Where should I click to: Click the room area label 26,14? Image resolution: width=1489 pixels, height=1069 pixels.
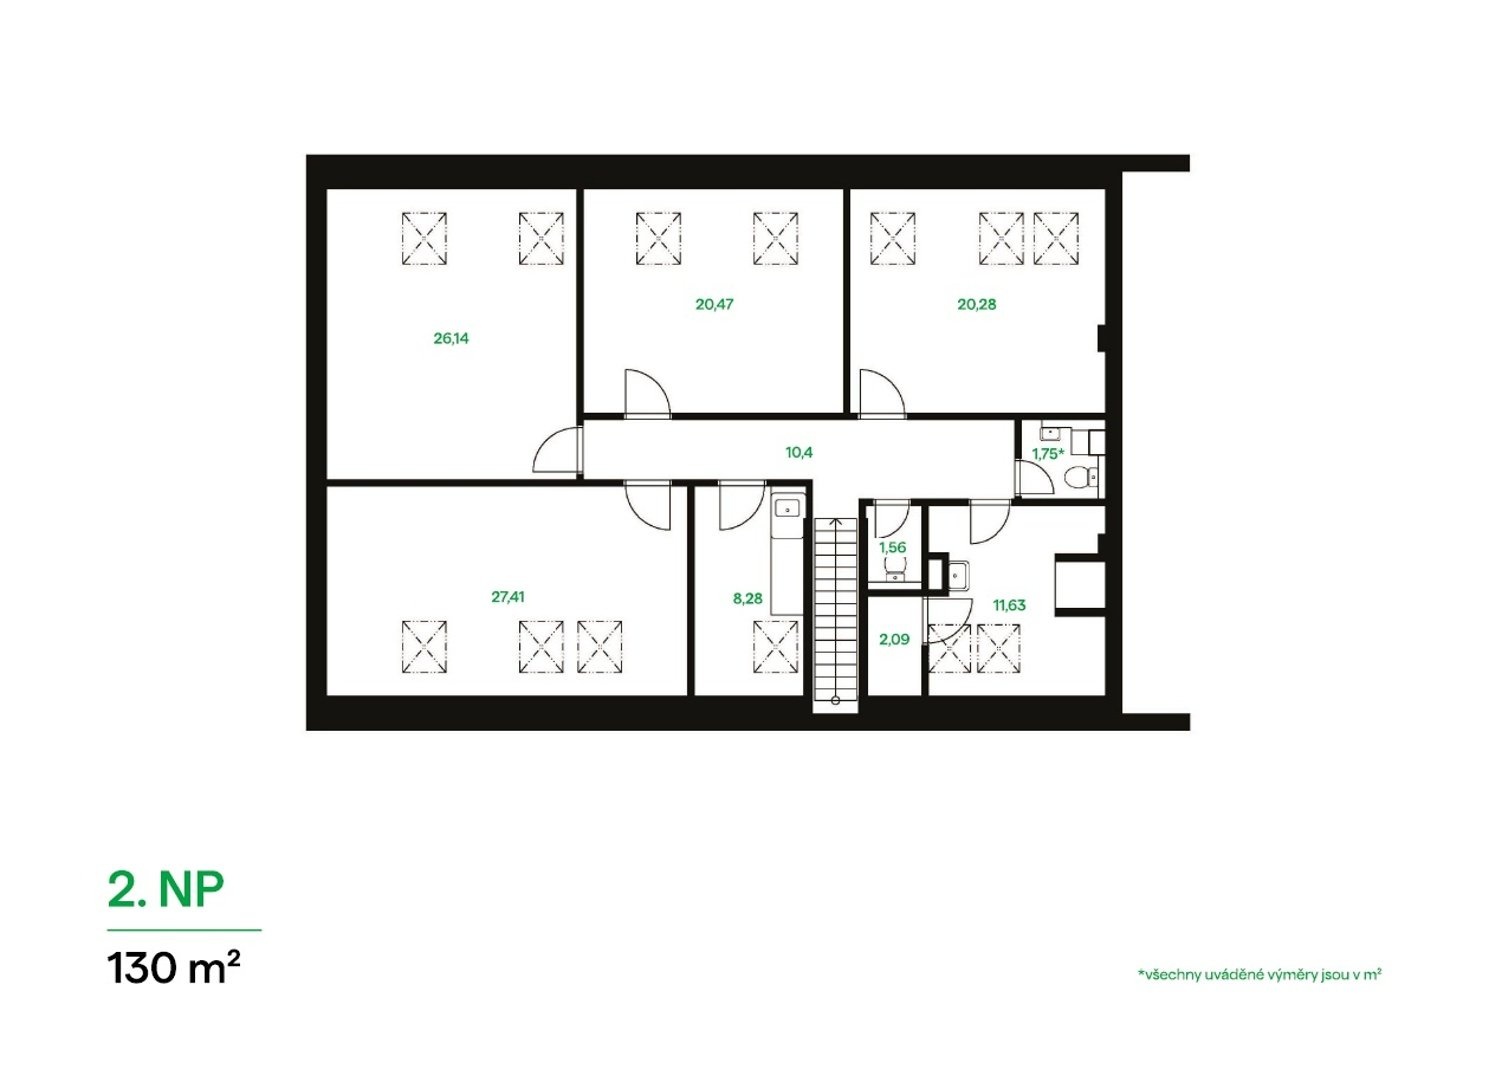451,338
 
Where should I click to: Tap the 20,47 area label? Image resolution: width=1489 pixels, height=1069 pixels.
715,304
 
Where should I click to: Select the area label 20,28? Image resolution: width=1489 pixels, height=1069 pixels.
976,304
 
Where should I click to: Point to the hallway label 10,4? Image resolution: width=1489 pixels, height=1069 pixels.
799,453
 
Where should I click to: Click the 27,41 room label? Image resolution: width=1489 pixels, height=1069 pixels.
508,597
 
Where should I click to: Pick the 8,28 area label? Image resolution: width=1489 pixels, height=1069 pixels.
748,598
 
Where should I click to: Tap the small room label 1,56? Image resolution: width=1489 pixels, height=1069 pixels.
893,547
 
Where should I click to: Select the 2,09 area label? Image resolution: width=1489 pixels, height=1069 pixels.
894,640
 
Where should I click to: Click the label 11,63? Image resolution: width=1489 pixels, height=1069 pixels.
1010,605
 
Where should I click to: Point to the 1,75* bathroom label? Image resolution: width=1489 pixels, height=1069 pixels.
1048,454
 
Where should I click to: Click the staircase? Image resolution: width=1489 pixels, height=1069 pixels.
836,614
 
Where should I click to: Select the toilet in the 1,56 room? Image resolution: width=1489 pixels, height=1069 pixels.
895,568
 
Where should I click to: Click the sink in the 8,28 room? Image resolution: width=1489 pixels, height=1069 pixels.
788,509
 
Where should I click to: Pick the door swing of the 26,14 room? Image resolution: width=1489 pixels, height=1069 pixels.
557,450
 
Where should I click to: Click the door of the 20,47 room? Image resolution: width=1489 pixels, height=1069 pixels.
647,394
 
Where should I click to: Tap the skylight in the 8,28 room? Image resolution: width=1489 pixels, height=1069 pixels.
776,647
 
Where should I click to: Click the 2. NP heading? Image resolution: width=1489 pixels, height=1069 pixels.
166,890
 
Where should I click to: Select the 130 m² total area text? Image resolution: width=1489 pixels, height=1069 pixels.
173,968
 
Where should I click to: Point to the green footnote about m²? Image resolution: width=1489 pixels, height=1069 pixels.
1260,975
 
